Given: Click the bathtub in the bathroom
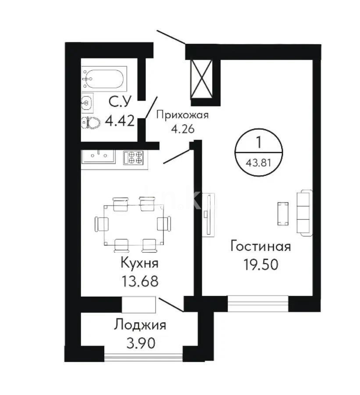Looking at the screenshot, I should [x=104, y=79].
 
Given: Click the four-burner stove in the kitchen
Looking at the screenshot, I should [x=133, y=157].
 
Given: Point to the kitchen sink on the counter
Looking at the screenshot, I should [x=99, y=156].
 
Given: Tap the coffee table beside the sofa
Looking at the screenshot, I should [x=283, y=214].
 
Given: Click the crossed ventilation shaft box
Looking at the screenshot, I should [x=201, y=79].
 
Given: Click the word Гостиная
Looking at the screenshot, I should [x=260, y=246].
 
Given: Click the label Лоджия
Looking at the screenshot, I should [x=140, y=325].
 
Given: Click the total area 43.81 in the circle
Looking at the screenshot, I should [x=259, y=164].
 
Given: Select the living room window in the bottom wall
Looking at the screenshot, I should [x=258, y=303].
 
